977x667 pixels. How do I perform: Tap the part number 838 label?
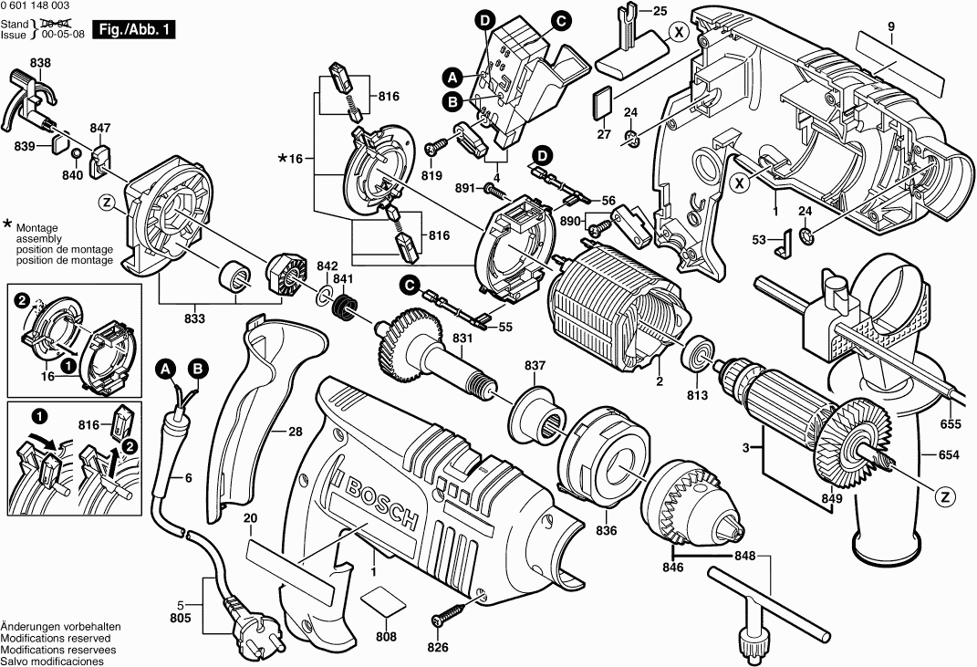pyautogui.click(x=40, y=63)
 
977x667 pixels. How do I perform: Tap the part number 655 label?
pyautogui.click(x=951, y=423)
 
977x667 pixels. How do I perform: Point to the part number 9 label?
pyautogui.click(x=891, y=27)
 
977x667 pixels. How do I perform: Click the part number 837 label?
pyautogui.click(x=535, y=366)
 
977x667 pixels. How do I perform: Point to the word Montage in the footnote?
pyautogui.click(x=36, y=228)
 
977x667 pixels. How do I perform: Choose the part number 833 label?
pyautogui.click(x=194, y=318)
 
